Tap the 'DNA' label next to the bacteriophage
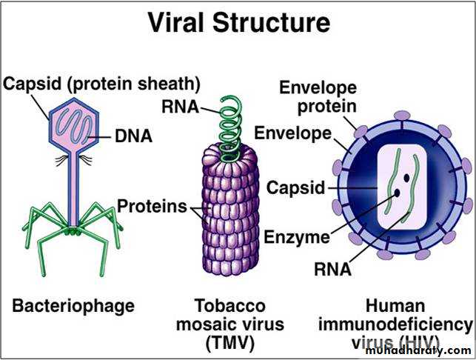pos(133,136)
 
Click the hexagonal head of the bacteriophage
pos(74,124)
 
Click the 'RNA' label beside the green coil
pos(179,107)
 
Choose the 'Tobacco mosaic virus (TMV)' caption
pos(229,324)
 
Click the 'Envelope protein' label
pos(318,96)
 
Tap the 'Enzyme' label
pos(296,237)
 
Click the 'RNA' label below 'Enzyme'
pos(332,269)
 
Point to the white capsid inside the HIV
pos(403,186)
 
